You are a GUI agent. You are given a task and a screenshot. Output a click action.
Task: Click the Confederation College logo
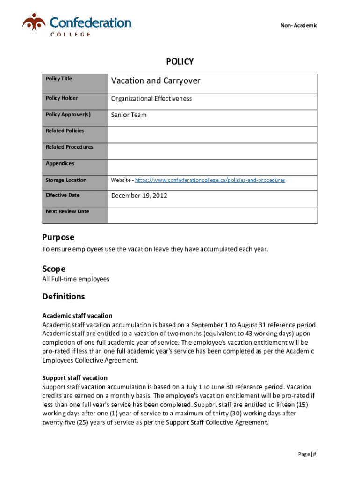click(77, 24)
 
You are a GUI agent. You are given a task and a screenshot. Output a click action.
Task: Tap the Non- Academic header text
click(299, 25)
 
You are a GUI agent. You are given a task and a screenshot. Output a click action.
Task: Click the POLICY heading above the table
click(180, 62)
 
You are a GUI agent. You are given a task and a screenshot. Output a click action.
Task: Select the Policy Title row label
click(59, 79)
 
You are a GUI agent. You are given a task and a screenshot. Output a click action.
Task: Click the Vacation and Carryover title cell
click(155, 81)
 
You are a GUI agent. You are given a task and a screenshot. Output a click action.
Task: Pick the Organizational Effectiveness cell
click(151, 99)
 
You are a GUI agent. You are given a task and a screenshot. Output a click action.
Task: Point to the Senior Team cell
click(129, 115)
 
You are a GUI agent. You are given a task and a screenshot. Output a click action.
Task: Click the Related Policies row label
click(65, 131)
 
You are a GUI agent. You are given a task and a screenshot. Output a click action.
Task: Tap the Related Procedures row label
click(69, 147)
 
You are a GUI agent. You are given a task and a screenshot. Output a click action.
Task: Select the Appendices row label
click(60, 163)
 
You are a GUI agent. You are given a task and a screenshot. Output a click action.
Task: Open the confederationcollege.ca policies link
click(210, 180)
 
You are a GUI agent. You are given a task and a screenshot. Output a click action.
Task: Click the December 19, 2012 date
click(139, 196)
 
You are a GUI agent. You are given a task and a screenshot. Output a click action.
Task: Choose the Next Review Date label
click(67, 211)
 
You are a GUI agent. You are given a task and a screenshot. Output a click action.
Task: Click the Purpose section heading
click(58, 237)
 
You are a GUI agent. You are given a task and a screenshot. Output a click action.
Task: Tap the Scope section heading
click(54, 269)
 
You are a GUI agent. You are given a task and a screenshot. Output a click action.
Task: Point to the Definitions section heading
click(64, 297)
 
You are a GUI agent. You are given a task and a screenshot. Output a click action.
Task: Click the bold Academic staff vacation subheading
click(77, 316)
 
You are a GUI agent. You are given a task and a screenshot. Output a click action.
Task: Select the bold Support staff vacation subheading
click(75, 378)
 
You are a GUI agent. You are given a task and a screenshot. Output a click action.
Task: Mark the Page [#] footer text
click(308, 454)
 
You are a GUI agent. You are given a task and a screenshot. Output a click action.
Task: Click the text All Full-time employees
click(76, 279)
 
